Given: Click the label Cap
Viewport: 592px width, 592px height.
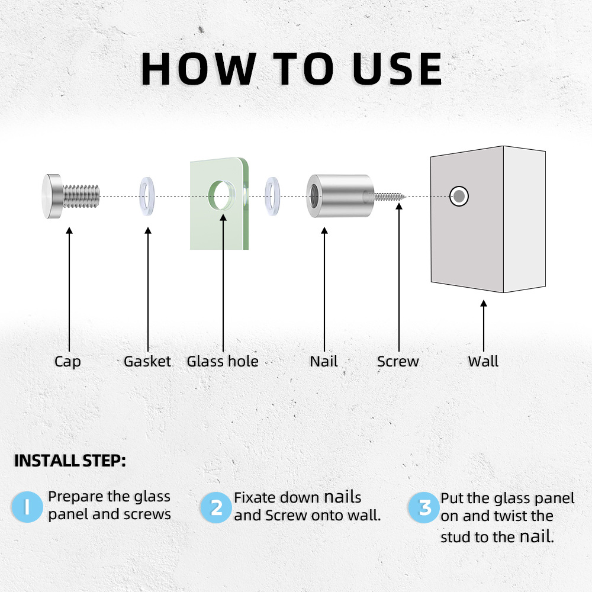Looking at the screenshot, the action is [67, 362].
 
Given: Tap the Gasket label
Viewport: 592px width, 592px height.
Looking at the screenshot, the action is [147, 361].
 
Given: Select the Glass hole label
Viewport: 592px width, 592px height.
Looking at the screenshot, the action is [223, 361].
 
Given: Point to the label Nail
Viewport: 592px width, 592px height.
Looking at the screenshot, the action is [324, 361].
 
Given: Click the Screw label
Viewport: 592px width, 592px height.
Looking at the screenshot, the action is [398, 361].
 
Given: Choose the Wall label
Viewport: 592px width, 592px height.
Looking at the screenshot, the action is [483, 361].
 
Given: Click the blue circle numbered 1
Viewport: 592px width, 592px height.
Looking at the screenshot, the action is [27, 507].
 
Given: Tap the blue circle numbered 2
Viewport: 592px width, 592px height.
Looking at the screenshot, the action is [215, 507].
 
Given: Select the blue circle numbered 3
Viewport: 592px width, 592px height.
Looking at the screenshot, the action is [424, 507].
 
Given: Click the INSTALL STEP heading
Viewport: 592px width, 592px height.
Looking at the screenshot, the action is [70, 461].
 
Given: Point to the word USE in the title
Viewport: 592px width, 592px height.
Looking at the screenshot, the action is [397, 69].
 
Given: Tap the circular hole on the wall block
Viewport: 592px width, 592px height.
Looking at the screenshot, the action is [459, 197].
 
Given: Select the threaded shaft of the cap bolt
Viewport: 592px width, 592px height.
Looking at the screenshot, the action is [81, 196].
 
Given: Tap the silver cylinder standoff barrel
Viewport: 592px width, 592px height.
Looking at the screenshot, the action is [340, 196].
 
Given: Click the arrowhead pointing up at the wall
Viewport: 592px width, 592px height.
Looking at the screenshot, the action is [483, 303].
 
